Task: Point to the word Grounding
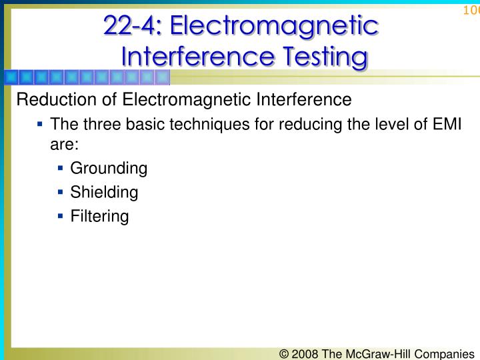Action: (x=108, y=168)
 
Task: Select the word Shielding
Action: (x=104, y=192)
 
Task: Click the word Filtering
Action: (x=99, y=216)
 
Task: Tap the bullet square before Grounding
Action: (x=61, y=168)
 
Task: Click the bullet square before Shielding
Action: (x=61, y=192)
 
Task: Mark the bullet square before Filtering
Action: (x=61, y=216)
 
